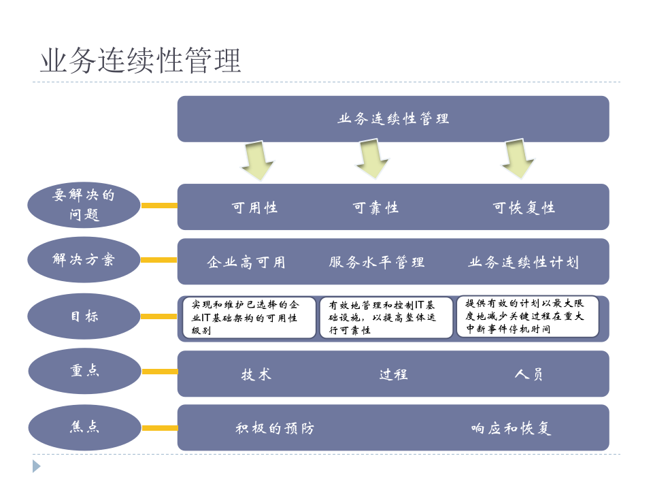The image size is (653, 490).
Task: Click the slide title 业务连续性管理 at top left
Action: click(x=141, y=60)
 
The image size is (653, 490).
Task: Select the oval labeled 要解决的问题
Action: click(x=84, y=205)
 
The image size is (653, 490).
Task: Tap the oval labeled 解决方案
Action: click(x=84, y=259)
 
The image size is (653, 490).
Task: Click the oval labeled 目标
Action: click(x=84, y=316)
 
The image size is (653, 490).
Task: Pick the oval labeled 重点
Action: click(x=84, y=372)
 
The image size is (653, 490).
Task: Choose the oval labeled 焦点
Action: click(x=84, y=427)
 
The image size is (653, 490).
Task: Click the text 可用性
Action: click(x=254, y=208)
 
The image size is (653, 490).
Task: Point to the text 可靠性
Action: click(x=375, y=208)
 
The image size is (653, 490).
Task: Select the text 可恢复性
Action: click(x=524, y=208)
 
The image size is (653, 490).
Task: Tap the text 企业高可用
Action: click(x=246, y=262)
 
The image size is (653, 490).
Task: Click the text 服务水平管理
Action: click(x=377, y=262)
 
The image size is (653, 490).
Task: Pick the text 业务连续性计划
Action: click(x=524, y=262)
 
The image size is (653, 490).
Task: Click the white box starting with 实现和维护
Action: click(x=250, y=317)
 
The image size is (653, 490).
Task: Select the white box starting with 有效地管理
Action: click(x=386, y=317)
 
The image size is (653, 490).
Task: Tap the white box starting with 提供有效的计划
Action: click(x=527, y=316)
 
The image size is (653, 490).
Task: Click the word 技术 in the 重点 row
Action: click(x=256, y=374)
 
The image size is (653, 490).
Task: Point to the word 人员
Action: click(x=529, y=374)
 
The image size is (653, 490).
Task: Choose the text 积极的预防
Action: click(x=275, y=428)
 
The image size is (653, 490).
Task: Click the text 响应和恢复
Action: click(x=511, y=428)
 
